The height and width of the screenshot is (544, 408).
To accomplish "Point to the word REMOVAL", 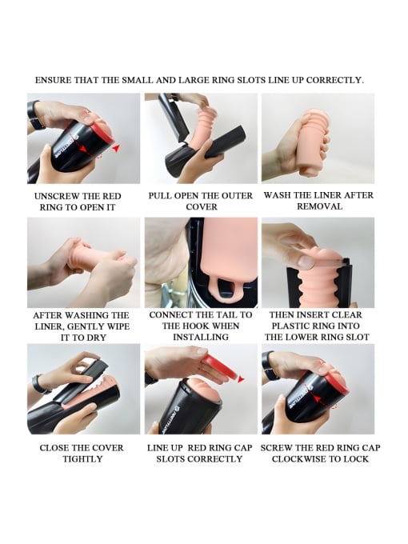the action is [319, 206].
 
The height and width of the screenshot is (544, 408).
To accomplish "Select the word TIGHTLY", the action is [82, 459].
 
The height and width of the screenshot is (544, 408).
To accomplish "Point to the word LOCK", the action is [356, 459].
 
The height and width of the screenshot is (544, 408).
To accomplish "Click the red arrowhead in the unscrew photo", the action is [116, 148].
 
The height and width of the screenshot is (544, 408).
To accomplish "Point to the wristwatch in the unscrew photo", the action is [34, 115].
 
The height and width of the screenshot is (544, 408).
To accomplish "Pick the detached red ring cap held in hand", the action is [220, 368].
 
